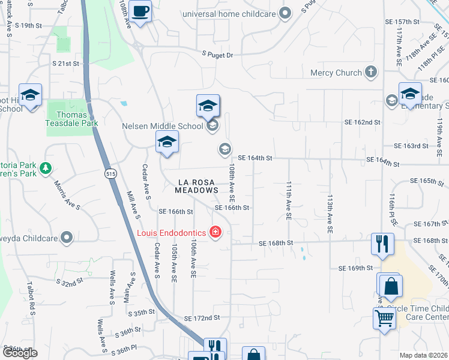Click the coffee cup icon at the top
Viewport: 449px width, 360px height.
tap(140, 11)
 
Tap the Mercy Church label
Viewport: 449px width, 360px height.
tap(336, 73)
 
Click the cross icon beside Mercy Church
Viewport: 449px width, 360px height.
tap(371, 73)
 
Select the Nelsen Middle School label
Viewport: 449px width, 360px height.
tap(162, 126)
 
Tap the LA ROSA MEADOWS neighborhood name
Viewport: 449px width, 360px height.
tap(196, 185)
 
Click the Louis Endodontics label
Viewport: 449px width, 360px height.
tap(170, 232)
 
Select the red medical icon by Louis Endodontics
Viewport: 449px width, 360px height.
tap(214, 232)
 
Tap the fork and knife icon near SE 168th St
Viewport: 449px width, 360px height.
tap(382, 243)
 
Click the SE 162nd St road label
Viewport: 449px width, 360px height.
tap(362, 122)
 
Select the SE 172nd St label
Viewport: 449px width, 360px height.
tap(202, 317)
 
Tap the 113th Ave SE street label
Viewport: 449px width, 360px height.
tap(330, 213)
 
